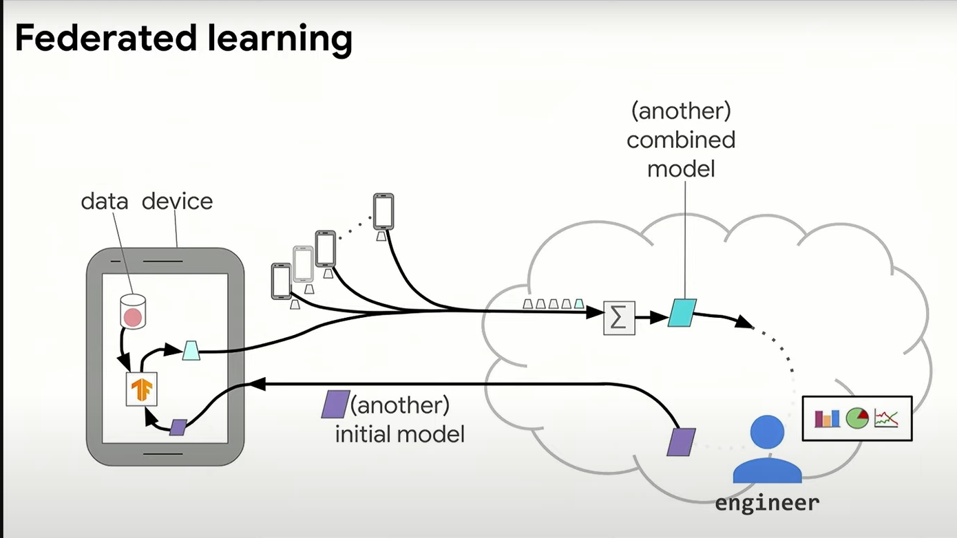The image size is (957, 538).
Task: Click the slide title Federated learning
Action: (x=183, y=39)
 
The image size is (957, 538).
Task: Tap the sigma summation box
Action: (x=618, y=318)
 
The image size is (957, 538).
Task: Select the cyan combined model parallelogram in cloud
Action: (x=682, y=312)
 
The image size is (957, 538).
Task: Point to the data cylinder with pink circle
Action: (x=132, y=312)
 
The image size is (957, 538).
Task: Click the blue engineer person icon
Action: (x=767, y=451)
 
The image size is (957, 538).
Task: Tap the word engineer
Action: (x=767, y=503)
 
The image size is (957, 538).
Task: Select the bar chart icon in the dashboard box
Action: (x=827, y=418)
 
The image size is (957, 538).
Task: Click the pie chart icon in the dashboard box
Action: (x=856, y=418)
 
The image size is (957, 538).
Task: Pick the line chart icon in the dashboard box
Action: (x=886, y=418)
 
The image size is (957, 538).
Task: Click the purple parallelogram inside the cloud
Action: (x=681, y=442)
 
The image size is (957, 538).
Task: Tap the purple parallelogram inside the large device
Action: (x=178, y=427)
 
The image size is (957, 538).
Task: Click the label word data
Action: (x=105, y=202)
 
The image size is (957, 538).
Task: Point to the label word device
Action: (x=177, y=202)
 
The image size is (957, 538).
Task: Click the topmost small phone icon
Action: (x=383, y=211)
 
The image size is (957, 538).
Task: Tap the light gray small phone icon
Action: (x=303, y=263)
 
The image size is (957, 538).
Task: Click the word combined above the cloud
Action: (x=680, y=140)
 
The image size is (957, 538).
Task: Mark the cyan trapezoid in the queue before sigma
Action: (x=578, y=303)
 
